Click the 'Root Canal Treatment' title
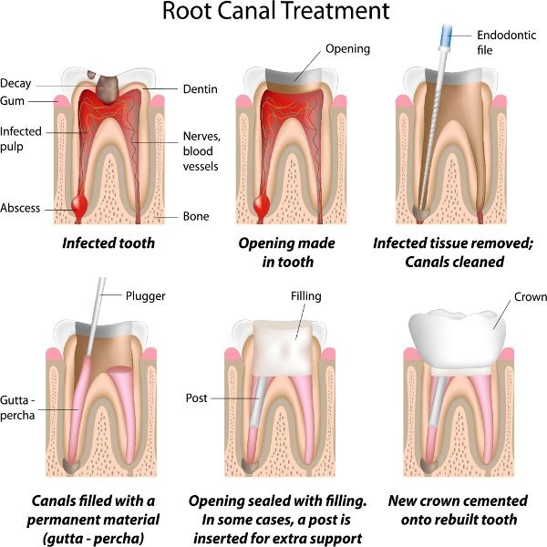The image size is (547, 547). [x=276, y=11]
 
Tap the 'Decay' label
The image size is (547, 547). [x=15, y=84]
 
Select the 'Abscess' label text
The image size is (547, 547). [x=20, y=208]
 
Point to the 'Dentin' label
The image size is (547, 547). [x=201, y=89]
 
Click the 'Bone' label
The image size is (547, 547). [x=196, y=216]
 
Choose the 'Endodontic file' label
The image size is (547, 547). [x=507, y=43]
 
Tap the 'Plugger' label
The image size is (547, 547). [x=146, y=296]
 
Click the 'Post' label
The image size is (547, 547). [x=196, y=398]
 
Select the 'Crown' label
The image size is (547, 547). [x=531, y=297]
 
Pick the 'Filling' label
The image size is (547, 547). [x=306, y=296]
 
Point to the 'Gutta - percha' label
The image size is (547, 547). [x=17, y=408]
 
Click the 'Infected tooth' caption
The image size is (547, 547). [x=108, y=243]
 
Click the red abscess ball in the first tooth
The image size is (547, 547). [x=80, y=205]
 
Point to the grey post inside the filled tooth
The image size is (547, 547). [x=260, y=401]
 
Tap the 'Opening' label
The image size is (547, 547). [x=348, y=49]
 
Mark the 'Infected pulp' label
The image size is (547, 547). [x=21, y=139]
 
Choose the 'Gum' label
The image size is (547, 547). [x=12, y=101]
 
